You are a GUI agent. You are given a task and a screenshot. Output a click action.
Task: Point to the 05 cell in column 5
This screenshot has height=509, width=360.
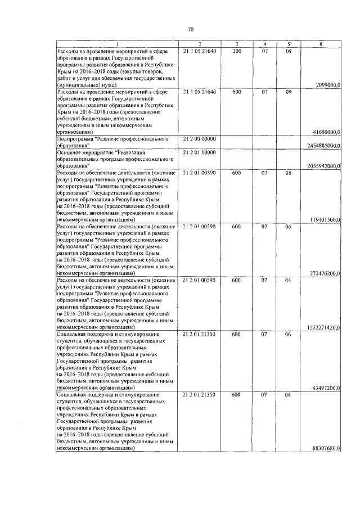coord(288,173)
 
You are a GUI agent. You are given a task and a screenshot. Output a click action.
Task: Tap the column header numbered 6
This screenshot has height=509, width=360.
coord(321,44)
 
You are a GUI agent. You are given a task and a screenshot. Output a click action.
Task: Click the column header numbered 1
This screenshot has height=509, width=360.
coord(117,44)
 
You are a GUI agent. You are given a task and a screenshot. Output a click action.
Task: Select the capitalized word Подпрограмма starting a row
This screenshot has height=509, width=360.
coord(75,138)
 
